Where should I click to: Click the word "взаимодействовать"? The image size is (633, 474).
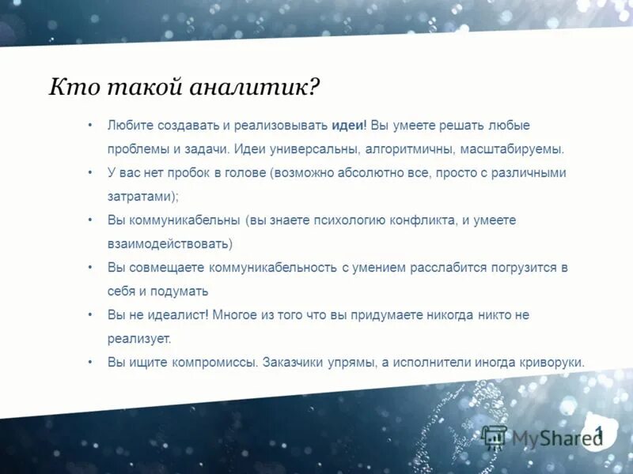pos(168,244)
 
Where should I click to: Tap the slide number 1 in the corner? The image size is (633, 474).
pos(599,431)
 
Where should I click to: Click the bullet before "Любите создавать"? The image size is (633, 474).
pos(90,126)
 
